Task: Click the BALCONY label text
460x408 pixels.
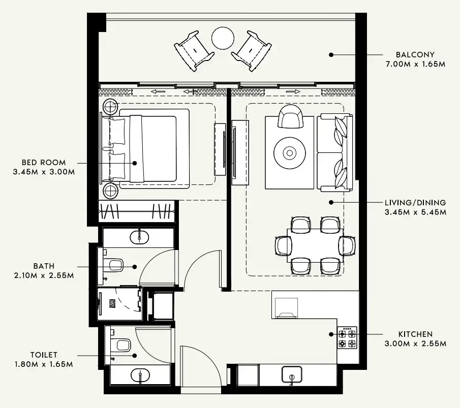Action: (415, 54)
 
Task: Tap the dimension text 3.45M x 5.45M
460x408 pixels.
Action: (415, 212)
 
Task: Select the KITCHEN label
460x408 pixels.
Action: (415, 334)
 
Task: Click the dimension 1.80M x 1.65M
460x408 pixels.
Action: (43, 364)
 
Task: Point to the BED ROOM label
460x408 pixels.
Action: (43, 163)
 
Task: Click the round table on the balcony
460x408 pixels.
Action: (223, 38)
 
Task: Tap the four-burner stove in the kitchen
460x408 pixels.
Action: (347, 338)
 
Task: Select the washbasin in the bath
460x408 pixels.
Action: (139, 237)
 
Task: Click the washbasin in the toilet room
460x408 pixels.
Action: (140, 376)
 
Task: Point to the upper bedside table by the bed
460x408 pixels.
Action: (111, 107)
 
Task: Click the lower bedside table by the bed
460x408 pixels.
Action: (111, 192)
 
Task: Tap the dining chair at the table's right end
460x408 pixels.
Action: (348, 245)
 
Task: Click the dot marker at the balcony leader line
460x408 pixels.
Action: (331, 54)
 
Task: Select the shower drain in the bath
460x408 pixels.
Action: (111, 303)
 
